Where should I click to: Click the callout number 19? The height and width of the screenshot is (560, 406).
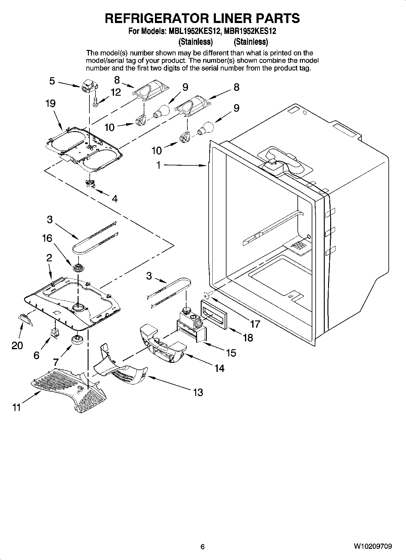point(51,104)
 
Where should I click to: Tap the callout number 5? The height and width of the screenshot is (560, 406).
point(52,81)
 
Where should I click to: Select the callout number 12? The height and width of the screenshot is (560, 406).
point(116,92)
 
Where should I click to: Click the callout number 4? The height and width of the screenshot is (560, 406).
point(115,199)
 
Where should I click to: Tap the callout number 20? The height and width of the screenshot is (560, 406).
point(17,345)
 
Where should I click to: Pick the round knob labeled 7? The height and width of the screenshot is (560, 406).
point(78,340)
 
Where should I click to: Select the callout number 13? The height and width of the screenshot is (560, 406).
point(198,393)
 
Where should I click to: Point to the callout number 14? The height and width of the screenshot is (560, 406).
point(219,368)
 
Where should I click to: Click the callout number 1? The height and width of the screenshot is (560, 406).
point(158,165)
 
